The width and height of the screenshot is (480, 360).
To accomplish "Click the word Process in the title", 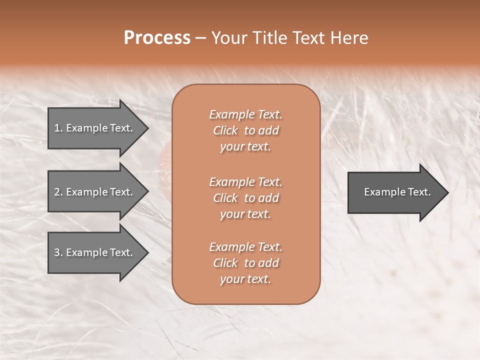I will coord(157,38).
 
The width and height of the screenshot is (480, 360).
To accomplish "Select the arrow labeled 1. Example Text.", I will coord(95,128).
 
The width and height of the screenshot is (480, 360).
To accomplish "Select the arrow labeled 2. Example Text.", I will coord(95,192).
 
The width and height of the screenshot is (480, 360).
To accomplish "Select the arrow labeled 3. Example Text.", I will coord(95,253).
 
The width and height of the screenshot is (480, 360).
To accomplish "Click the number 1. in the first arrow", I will coord(58,128).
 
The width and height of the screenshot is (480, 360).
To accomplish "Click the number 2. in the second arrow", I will coord(58,192).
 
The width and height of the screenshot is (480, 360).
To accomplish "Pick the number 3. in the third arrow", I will coord(58,253).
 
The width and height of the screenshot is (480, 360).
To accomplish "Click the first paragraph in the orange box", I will coord(245,130).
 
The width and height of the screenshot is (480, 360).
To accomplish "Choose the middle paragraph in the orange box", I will coord(245,198).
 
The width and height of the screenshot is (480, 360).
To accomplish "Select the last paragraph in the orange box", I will coord(245,263).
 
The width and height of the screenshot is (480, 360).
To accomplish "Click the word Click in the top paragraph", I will coord(225,130).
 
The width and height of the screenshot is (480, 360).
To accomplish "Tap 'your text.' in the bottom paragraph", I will coord(245,279).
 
